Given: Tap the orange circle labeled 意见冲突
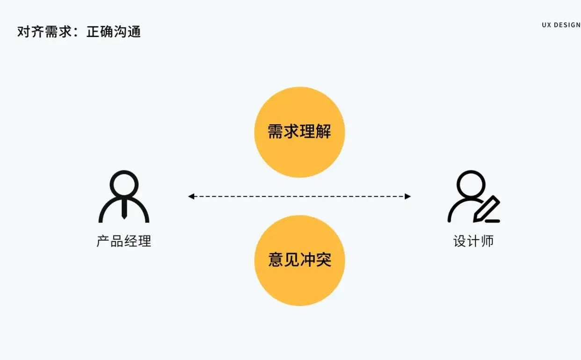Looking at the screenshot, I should (299, 286).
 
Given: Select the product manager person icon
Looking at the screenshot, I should (124, 197).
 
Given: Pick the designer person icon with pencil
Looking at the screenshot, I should (473, 197).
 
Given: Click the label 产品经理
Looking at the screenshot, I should (124, 242).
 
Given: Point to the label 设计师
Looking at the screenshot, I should (473, 242).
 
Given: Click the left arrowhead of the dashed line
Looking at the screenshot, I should (191, 197).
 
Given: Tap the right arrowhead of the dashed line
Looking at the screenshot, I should (408, 197).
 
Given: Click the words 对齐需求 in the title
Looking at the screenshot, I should (44, 32).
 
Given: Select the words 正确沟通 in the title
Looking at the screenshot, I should (114, 32).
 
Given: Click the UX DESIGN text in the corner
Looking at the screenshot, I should (561, 25).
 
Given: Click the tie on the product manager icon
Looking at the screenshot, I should (124, 209).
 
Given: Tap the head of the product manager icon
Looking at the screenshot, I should (124, 183).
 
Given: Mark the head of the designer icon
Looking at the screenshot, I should (471, 183).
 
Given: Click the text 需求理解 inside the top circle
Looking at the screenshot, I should (299, 132).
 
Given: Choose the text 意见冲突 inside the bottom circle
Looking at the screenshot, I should (299, 260).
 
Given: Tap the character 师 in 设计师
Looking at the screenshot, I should (487, 242).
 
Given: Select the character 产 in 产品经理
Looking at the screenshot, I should (103, 242).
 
